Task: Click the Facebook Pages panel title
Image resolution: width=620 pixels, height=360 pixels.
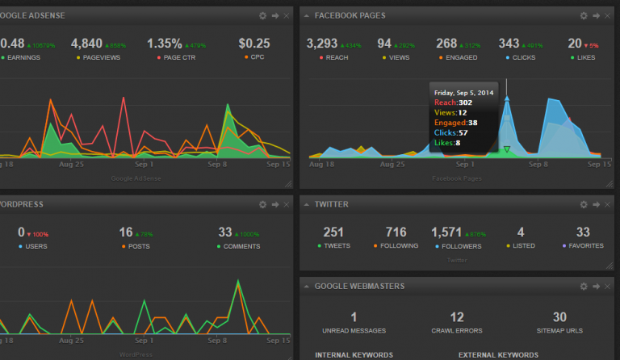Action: tap(350, 15)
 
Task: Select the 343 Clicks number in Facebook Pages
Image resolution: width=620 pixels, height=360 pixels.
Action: tap(509, 44)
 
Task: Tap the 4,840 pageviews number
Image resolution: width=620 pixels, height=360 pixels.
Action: tap(86, 44)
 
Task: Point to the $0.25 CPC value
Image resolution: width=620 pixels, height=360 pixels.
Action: tap(254, 44)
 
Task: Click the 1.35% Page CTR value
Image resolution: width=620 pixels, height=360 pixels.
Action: tap(165, 44)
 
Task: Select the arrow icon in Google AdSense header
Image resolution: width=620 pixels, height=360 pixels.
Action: tap(275, 15)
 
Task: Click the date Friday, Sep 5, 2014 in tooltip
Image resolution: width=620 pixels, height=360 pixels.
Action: tap(464, 93)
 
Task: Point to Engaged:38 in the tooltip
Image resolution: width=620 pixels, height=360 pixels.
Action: tap(456, 123)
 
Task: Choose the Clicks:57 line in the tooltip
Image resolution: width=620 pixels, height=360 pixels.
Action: tap(451, 132)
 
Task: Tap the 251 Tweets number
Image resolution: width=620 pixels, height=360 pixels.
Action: tap(333, 232)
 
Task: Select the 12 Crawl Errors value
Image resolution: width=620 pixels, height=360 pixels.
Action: tap(457, 317)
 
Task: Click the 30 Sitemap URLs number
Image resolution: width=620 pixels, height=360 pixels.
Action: tap(559, 317)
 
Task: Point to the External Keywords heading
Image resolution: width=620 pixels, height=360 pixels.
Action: tap(498, 354)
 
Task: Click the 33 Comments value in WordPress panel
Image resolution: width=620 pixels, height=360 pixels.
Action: tap(225, 232)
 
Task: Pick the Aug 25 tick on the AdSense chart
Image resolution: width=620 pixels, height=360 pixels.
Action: tap(73, 164)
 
